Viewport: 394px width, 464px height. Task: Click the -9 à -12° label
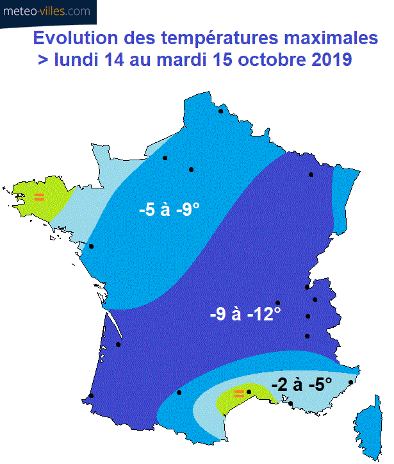point(245,315)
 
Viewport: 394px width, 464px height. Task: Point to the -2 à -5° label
point(301,385)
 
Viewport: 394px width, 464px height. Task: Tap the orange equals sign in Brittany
point(39,197)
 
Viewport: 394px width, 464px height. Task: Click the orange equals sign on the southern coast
point(239,393)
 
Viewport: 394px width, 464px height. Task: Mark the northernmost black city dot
point(220,111)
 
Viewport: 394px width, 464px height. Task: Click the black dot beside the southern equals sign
point(249,392)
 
